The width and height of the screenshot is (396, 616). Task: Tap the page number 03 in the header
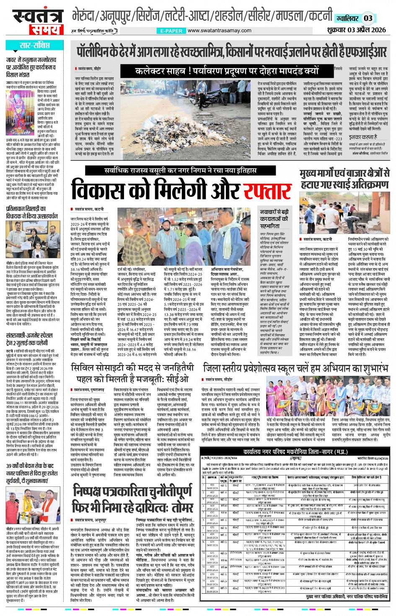368,18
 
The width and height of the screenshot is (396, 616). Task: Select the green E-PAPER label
171,31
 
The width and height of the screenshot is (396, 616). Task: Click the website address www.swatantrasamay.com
219,31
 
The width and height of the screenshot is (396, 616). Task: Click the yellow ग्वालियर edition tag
347,18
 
